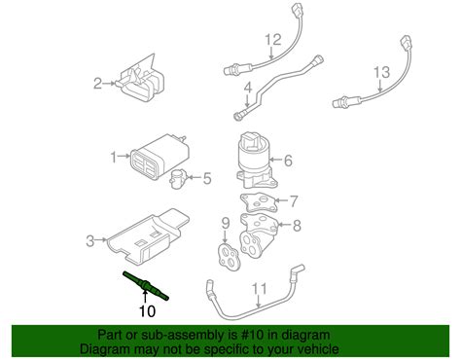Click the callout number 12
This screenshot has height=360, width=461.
(x=273, y=40)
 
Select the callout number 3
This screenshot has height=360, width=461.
(x=90, y=239)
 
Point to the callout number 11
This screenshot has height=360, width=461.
(x=258, y=287)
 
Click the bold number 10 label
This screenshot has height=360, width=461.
(x=146, y=310)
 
